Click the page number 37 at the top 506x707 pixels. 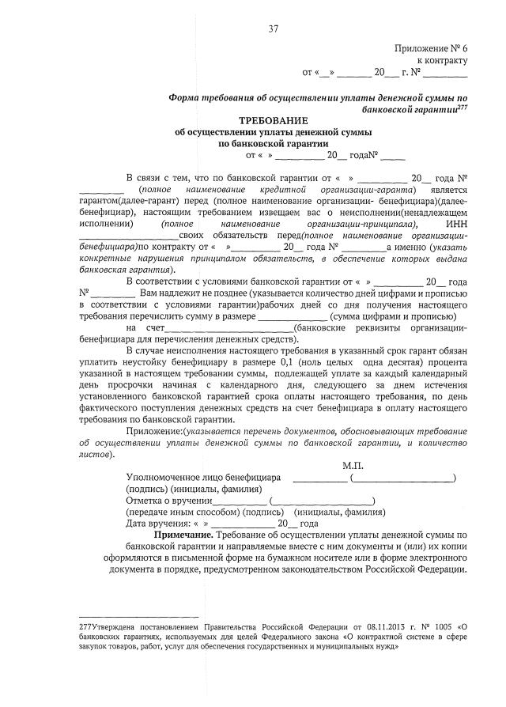274,29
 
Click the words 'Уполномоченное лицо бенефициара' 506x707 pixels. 204,478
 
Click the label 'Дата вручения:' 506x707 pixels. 159,524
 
